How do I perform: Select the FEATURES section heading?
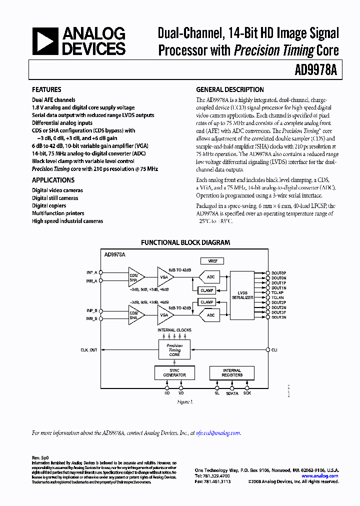46,90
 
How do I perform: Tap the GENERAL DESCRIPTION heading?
229,90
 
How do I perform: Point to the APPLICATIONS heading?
53,180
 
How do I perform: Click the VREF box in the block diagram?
212,261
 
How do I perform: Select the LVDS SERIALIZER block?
242,295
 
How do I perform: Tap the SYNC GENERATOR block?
174,372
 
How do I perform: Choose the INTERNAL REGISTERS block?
232,372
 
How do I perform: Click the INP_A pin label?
91,273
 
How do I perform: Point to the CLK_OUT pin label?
89,350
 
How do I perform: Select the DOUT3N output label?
279,317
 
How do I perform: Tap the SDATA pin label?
232,393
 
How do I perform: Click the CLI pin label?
274,350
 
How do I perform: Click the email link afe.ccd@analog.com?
218,433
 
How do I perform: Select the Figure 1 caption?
185,401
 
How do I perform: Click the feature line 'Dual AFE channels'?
53,100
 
